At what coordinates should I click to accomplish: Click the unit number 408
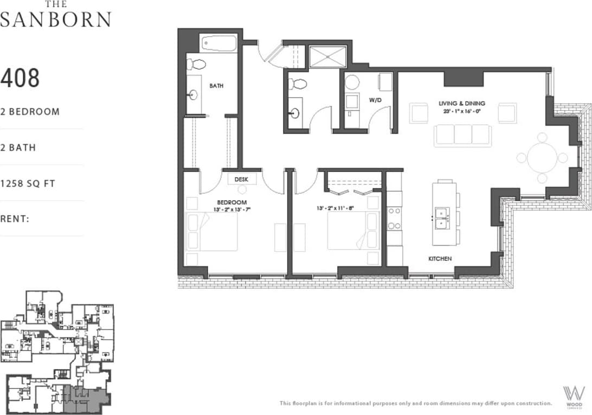pos(20,79)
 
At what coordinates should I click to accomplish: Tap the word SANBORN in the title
pos(55,20)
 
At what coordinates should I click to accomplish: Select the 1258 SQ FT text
pos(28,183)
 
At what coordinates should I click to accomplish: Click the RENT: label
pos(15,219)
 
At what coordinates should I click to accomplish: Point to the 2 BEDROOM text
pos(30,112)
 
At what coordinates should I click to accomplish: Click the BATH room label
pos(216,86)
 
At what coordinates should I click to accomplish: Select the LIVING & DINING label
pos(462,103)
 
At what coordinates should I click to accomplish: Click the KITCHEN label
pos(440,259)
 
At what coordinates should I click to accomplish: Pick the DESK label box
pos(242,178)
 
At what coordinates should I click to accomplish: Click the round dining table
pos(542,158)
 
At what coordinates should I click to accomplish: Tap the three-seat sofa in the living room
pos(462,135)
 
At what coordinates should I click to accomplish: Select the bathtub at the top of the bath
pos(218,43)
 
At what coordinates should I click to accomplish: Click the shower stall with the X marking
pos(327,56)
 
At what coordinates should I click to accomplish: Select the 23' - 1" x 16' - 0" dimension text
pos(462,111)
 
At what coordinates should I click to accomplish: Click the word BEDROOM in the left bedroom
pos(232,202)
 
